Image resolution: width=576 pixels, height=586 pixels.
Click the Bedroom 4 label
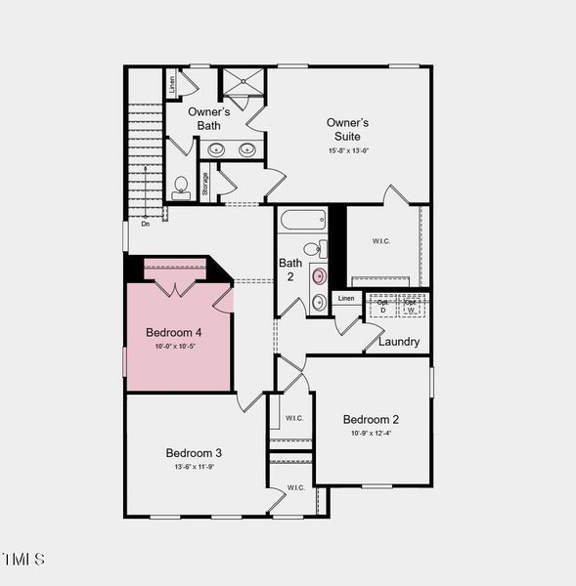[x=174, y=332]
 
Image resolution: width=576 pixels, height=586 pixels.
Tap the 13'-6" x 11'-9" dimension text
[x=193, y=467]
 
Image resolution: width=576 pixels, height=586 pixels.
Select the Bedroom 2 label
[x=371, y=419]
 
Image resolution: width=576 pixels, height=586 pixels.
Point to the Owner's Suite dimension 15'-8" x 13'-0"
[x=348, y=150]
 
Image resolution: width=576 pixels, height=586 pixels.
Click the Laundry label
[x=398, y=342]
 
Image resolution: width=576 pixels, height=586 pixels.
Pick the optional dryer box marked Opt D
[x=383, y=305]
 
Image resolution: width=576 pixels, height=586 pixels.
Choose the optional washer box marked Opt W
[x=412, y=305]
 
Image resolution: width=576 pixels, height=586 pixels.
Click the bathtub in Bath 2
[x=303, y=219]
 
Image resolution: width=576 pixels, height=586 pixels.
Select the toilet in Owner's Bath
[x=181, y=187]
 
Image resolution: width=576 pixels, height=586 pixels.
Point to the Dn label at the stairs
[x=145, y=224]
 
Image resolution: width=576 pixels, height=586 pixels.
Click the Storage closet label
[x=205, y=185]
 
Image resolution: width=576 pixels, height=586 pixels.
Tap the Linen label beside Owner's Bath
[x=172, y=83]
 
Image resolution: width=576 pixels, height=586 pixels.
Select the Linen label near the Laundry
[x=345, y=298]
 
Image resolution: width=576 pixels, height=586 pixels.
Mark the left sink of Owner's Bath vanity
[x=217, y=150]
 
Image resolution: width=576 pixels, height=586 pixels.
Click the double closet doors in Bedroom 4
[x=175, y=289]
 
